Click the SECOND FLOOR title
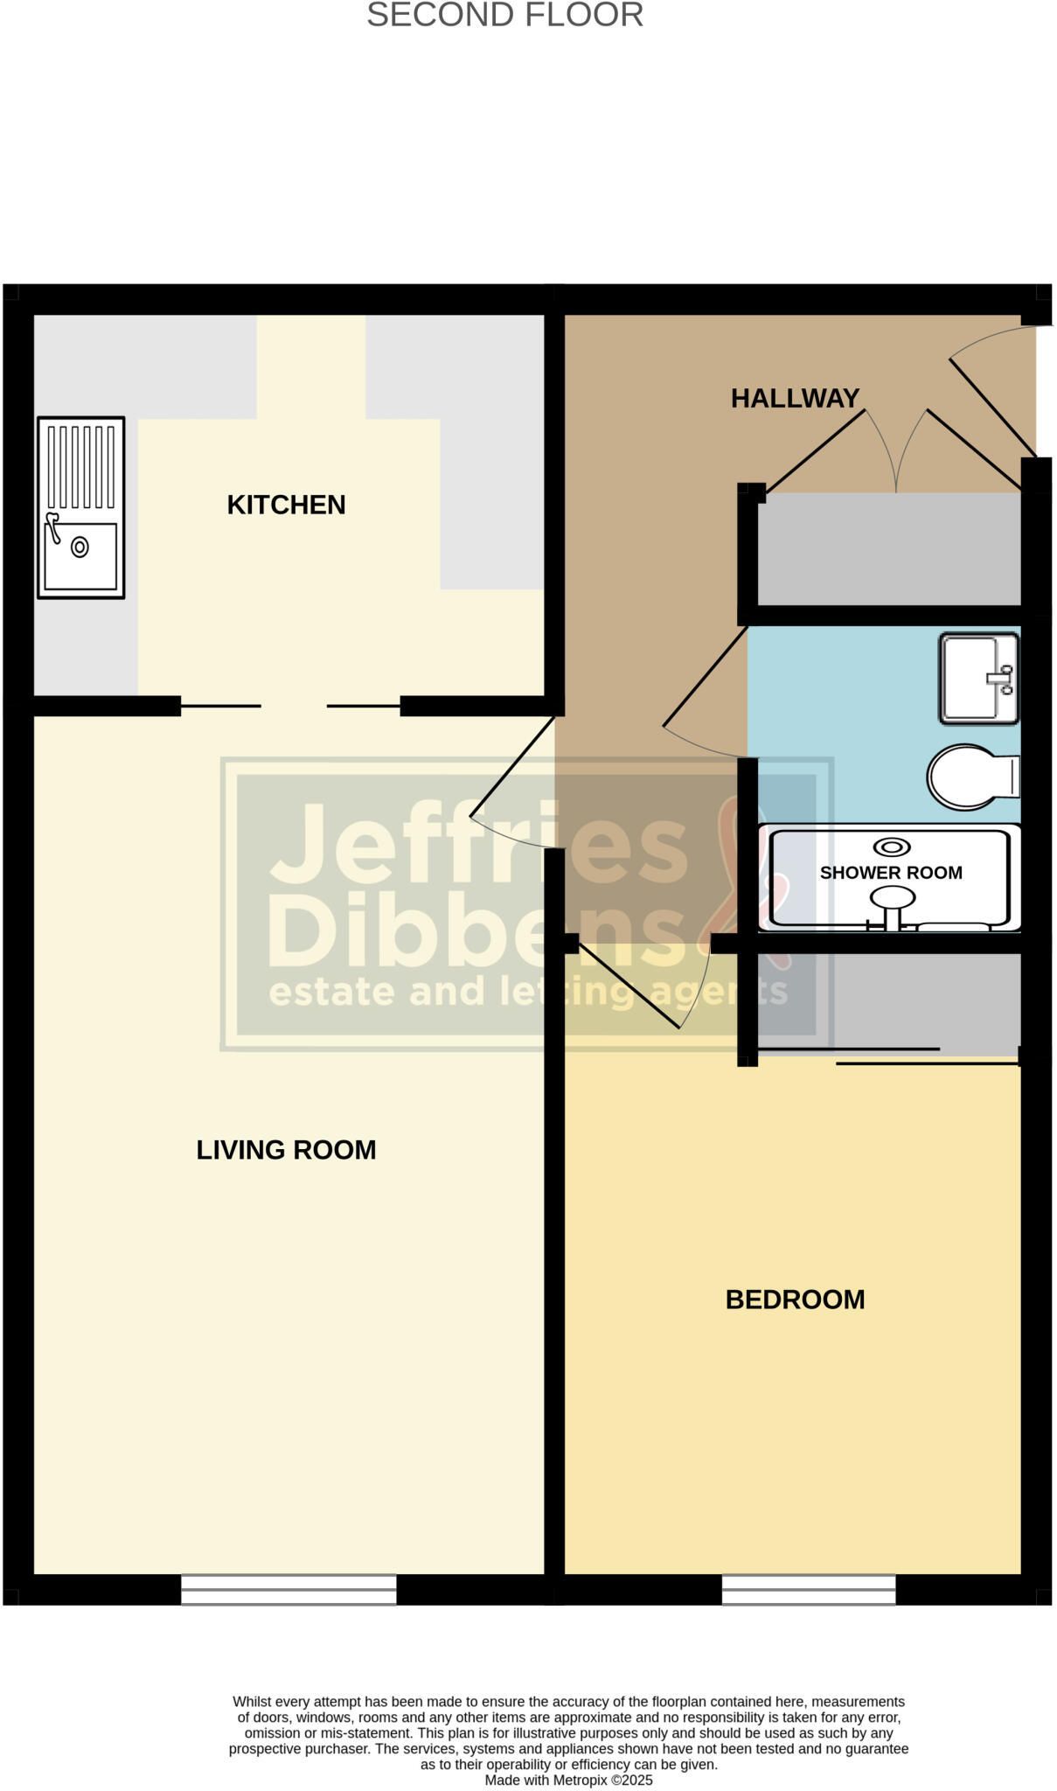[x=504, y=15]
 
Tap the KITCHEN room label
[x=286, y=505]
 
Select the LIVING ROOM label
[x=286, y=1149]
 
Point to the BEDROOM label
[x=795, y=1300]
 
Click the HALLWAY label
[x=795, y=399]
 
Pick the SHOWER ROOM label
[x=891, y=872]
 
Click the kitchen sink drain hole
[x=80, y=547]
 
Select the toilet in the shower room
[x=973, y=777]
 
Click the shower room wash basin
[x=979, y=678]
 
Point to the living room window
[x=289, y=1590]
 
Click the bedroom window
[x=809, y=1590]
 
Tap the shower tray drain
[x=892, y=847]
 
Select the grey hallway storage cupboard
[x=889, y=548]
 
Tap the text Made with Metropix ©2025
[x=568, y=1780]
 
